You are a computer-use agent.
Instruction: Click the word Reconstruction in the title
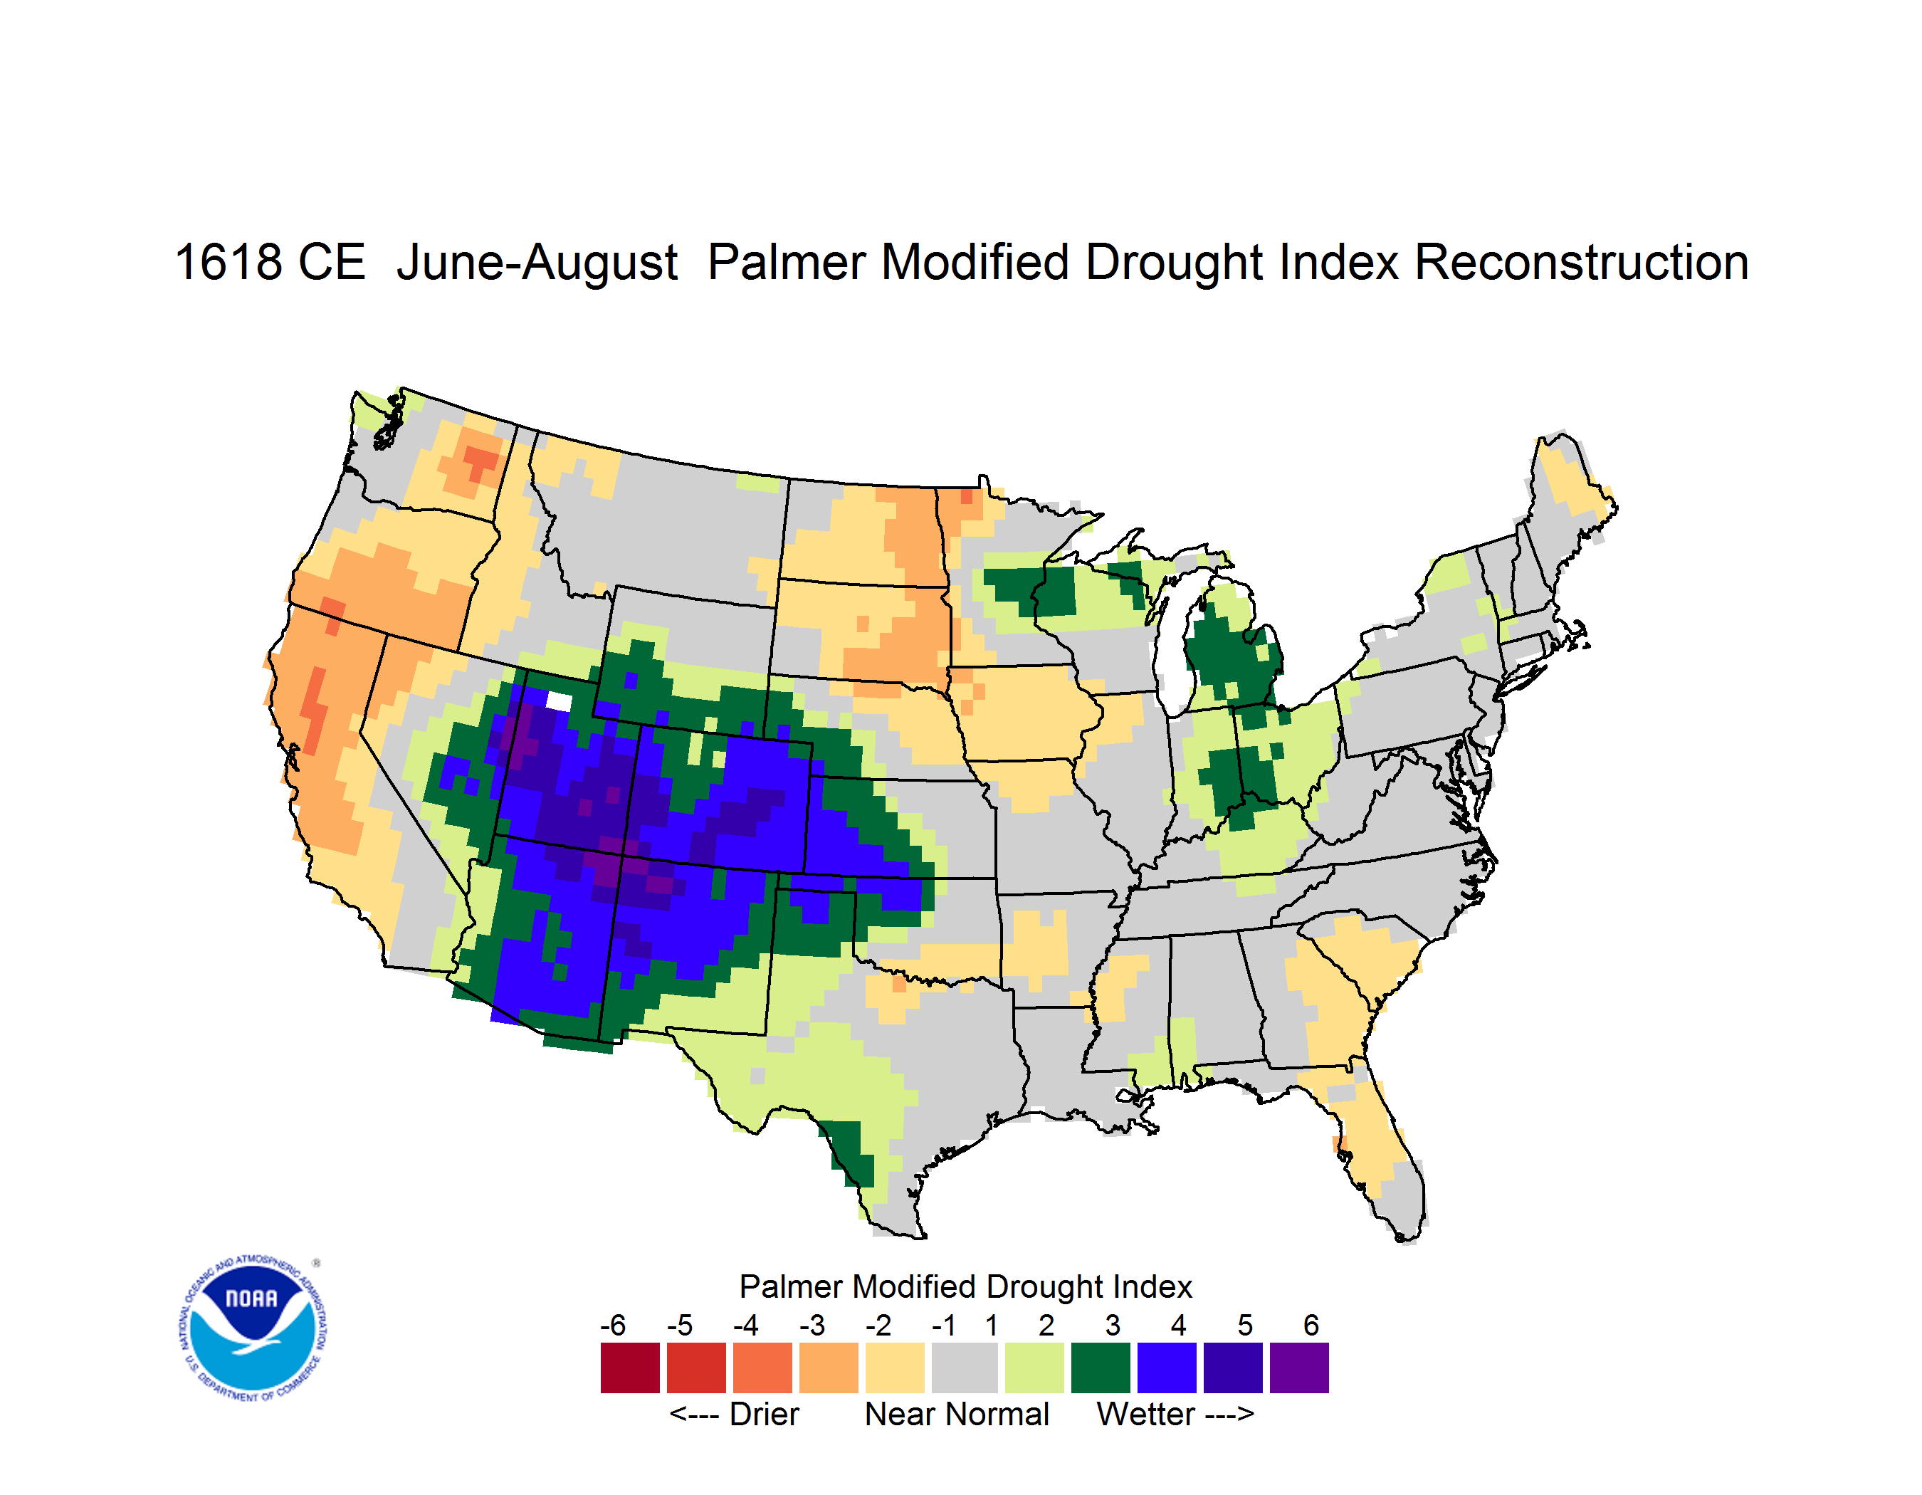click(1582, 262)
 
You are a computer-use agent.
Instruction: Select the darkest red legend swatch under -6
click(630, 1368)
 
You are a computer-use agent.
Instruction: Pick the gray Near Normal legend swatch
click(965, 1368)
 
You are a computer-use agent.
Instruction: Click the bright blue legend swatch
click(1167, 1368)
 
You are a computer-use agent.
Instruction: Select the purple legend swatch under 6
click(1299, 1368)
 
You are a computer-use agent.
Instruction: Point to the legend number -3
click(812, 1325)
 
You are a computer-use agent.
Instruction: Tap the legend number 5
click(1245, 1325)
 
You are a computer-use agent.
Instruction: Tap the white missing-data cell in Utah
click(560, 701)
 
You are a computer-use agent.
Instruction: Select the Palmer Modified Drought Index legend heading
click(965, 1286)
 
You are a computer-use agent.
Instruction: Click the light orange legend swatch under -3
click(828, 1368)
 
